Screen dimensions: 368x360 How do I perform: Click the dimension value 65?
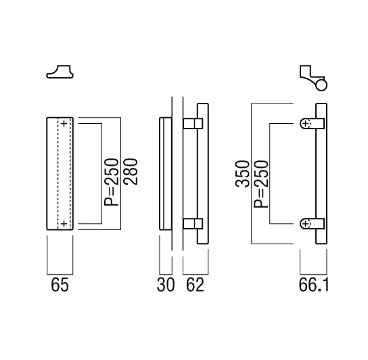tap(60, 285)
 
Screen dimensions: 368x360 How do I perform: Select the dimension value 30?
tap(166, 285)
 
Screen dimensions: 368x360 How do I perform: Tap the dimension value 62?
tap(195, 285)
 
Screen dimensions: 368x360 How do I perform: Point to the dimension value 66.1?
tap(314, 285)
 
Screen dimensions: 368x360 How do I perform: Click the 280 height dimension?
tap(131, 172)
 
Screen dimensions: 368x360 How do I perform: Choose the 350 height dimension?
tap(242, 173)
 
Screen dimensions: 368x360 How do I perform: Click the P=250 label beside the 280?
tap(112, 182)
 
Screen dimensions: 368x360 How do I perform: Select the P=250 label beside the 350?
tap(261, 184)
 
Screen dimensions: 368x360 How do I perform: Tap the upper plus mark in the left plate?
tap(64, 124)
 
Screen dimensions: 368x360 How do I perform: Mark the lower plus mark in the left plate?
tap(64, 224)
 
